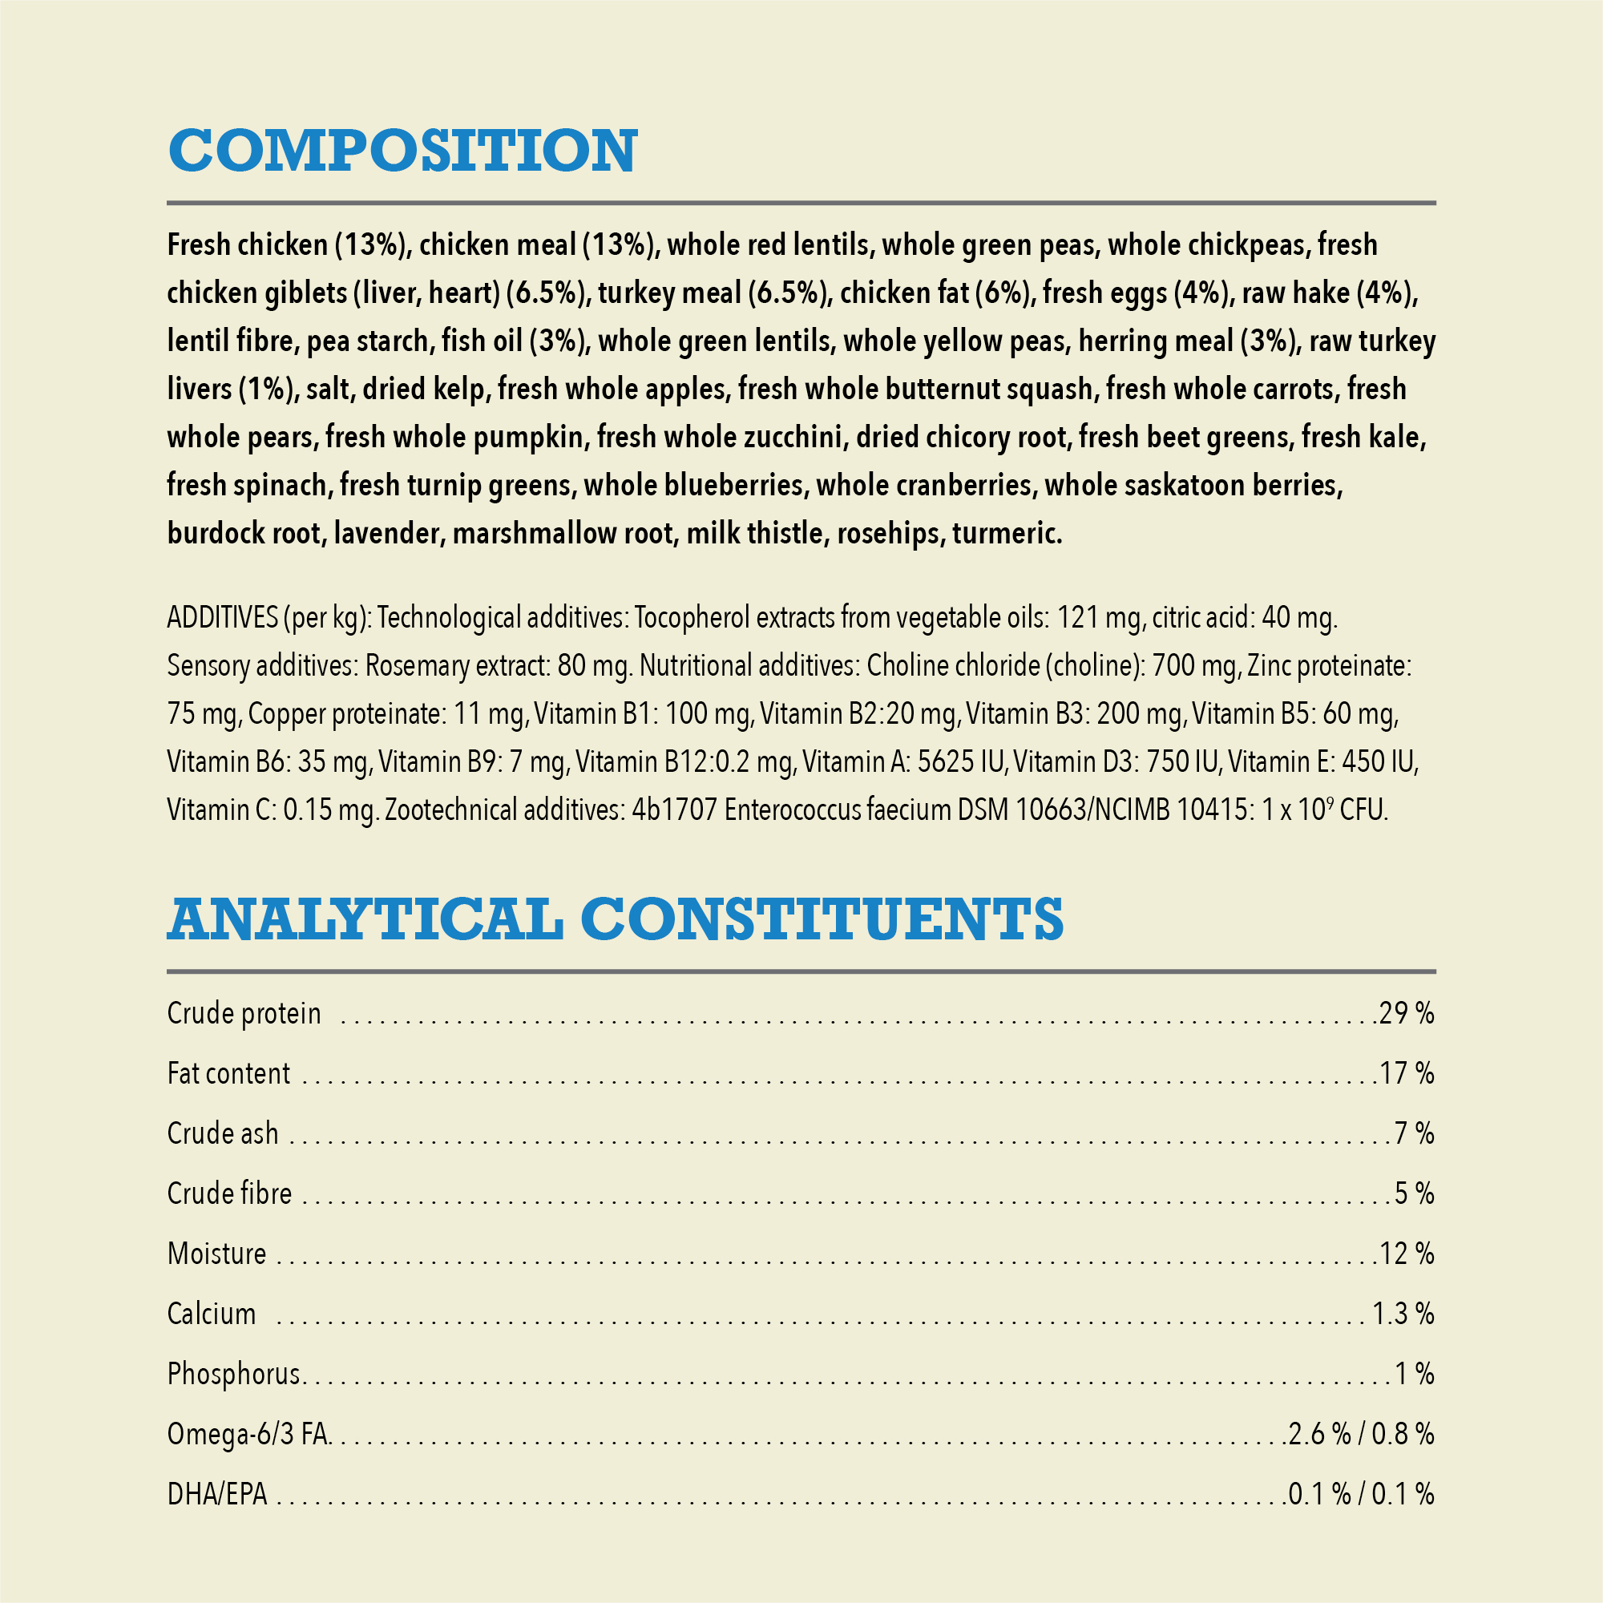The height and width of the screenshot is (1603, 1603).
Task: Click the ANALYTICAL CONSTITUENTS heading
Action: click(x=615, y=919)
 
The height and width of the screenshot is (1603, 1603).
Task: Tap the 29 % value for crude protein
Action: click(x=1407, y=1013)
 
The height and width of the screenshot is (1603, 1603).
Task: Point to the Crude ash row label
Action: click(x=222, y=1133)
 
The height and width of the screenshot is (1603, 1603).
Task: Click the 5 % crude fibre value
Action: click(x=1415, y=1193)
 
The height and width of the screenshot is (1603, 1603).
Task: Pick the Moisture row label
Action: click(x=216, y=1254)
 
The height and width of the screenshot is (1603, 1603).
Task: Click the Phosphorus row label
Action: click(x=233, y=1374)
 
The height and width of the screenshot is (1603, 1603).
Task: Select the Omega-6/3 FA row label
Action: click(x=248, y=1434)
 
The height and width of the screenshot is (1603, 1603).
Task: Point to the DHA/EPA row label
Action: click(x=217, y=1494)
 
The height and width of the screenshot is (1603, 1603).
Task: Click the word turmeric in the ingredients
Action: click(x=1007, y=534)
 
